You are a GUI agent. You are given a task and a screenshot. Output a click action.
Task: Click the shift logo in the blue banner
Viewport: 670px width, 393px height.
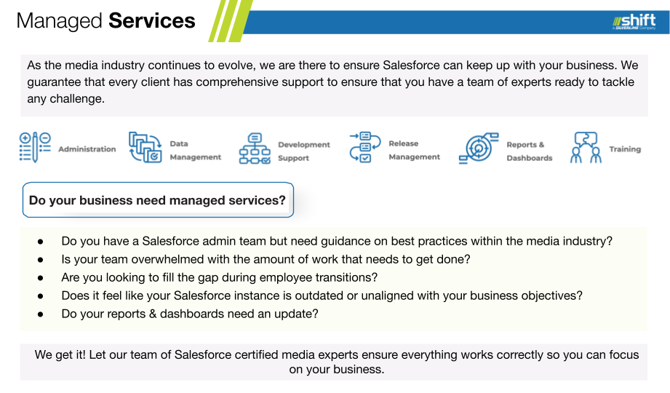coord(634,21)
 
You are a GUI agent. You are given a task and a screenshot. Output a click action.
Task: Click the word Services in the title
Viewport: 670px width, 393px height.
coord(152,20)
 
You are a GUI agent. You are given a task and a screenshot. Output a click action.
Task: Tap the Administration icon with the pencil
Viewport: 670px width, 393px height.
coord(35,147)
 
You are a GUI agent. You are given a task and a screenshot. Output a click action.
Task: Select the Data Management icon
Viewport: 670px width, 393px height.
coord(145,147)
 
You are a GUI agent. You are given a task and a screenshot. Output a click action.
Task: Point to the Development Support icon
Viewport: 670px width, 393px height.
coord(255,148)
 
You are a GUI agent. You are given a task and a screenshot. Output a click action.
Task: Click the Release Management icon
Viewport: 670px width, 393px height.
coord(365,147)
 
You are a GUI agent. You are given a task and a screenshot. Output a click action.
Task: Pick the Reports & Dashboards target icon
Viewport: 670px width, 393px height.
coord(479,148)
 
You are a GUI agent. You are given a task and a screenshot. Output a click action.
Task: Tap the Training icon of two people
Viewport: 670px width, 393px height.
coord(586,147)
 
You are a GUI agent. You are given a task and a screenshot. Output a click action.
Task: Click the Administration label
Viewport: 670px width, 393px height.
coord(87,148)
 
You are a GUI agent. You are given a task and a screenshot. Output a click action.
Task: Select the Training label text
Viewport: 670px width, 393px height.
coord(625,148)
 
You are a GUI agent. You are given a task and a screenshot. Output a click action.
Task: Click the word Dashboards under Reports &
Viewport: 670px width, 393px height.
coord(530,158)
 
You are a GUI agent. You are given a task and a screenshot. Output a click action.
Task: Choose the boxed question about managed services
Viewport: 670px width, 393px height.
coord(158,199)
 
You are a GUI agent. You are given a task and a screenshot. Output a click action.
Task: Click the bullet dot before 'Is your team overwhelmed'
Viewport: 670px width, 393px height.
coord(41,260)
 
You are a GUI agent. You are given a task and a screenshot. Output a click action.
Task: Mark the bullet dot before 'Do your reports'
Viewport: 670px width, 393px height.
coord(41,314)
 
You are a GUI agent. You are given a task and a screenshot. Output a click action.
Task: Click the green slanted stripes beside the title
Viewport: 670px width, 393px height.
coord(231,21)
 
